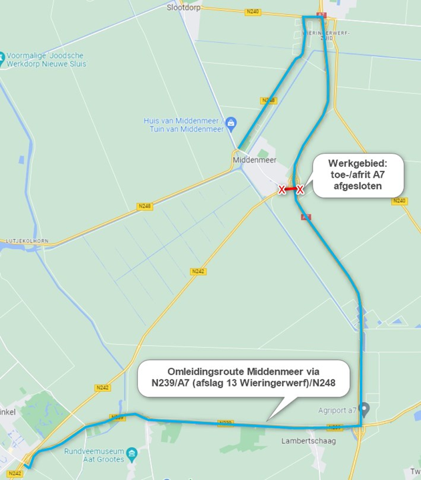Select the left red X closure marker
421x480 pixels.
(282, 190)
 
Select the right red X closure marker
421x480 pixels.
(300, 190)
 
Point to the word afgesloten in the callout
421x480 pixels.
(358, 186)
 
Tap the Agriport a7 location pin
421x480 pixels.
(364, 408)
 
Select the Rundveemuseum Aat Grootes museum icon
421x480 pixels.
(132, 455)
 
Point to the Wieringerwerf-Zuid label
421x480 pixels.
(327, 34)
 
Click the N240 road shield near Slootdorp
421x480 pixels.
(253, 12)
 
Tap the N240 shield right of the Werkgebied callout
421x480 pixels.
(399, 201)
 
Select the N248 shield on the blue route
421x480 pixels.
(268, 101)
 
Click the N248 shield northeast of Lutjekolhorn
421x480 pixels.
(144, 206)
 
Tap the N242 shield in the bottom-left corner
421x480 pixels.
(15, 473)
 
